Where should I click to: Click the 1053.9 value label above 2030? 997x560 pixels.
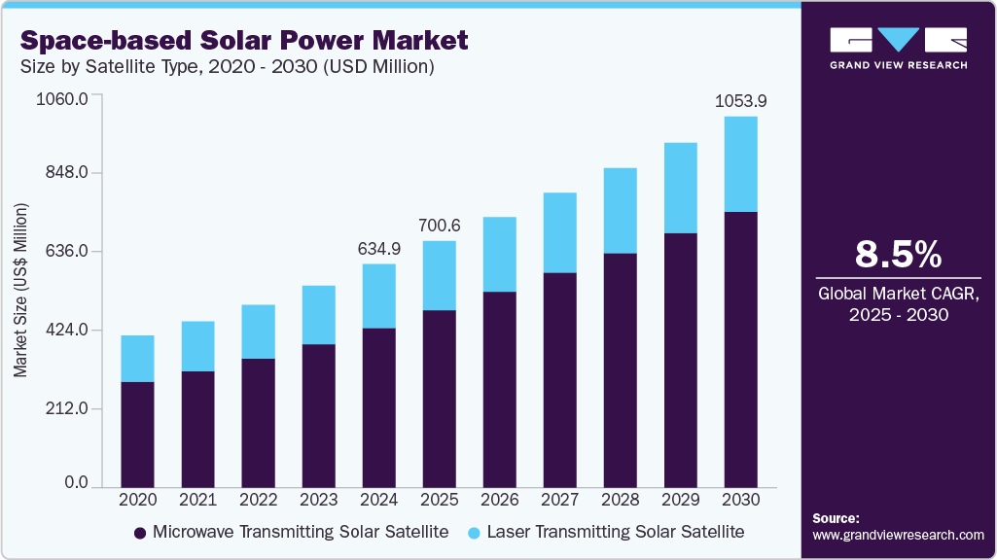pos(740,101)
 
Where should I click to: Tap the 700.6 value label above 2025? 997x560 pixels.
pos(439,226)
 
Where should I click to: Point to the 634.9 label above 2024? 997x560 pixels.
pos(378,249)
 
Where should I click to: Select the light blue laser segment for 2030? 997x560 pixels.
pos(740,163)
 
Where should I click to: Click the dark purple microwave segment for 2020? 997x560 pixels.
pos(137,434)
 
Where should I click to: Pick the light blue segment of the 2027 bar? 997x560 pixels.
pos(559,232)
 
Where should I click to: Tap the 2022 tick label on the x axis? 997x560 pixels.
pos(258,500)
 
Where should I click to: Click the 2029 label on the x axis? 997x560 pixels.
pos(680,500)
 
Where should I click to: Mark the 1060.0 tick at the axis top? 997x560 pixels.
pos(62,98)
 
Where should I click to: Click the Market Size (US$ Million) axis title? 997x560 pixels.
pos(20,291)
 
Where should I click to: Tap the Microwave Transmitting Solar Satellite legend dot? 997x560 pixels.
pos(140,533)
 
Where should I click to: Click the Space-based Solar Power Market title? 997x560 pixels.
pos(244,41)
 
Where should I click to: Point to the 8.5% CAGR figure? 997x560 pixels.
pos(898,255)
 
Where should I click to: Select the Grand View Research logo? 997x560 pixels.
pos(898,48)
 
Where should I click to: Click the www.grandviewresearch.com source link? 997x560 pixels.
pos(898,535)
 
